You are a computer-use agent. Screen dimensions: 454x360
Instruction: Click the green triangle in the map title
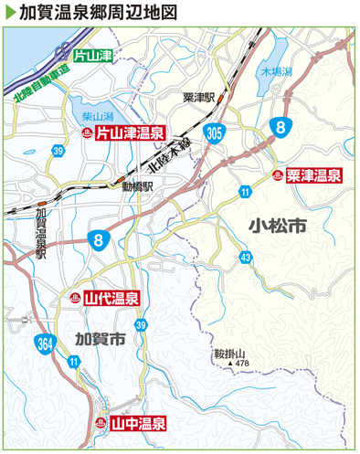tap(9, 12)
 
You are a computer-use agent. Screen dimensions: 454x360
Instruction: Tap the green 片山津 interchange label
tap(93, 56)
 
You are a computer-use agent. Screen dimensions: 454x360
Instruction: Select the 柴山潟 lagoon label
tap(97, 117)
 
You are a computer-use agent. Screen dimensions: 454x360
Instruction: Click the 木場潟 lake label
tap(275, 70)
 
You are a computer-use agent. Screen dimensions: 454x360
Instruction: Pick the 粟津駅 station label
tap(197, 96)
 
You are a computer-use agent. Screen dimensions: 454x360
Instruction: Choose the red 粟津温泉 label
tap(313, 174)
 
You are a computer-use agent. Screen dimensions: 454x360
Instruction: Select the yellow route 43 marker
tap(247, 259)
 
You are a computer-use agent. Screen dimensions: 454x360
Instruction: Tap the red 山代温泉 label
tap(111, 298)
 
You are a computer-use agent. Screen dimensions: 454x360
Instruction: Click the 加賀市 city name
tap(100, 338)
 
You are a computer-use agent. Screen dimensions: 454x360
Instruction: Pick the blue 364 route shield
tap(46, 344)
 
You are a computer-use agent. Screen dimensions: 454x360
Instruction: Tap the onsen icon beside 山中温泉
tap(99, 424)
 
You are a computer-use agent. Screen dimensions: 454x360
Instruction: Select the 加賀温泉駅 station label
tap(40, 232)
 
